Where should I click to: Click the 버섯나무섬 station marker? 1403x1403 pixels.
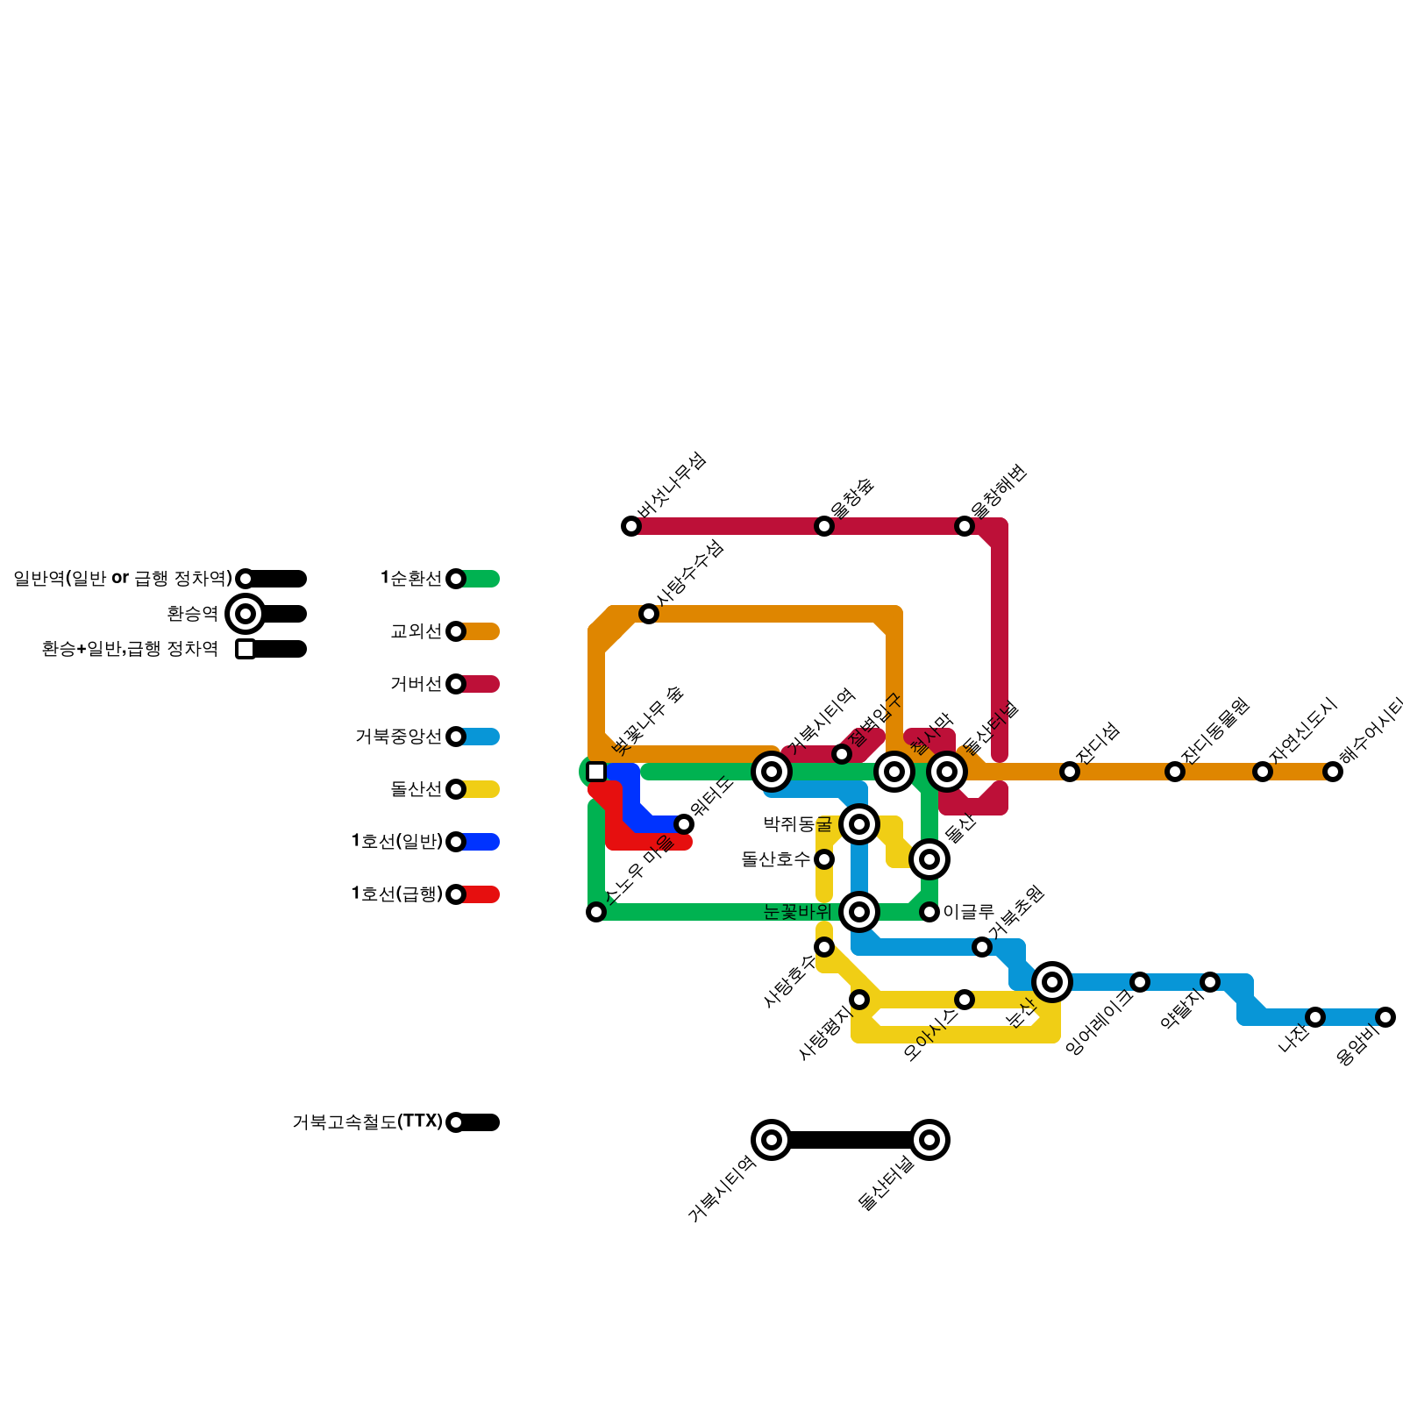[x=631, y=526]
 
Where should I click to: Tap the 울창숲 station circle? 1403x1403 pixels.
[x=824, y=526]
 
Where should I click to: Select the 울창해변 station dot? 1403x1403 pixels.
[x=965, y=526]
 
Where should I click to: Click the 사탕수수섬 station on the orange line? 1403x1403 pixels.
[x=649, y=614]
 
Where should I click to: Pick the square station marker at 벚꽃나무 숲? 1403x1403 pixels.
[x=596, y=772]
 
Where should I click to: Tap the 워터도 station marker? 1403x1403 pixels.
[x=684, y=824]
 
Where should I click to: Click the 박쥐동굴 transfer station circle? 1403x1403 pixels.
[x=859, y=824]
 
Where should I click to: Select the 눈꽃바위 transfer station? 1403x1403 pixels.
[x=859, y=912]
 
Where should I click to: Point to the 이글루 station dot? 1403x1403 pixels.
[x=929, y=912]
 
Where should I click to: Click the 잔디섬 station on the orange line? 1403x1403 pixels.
[x=1070, y=772]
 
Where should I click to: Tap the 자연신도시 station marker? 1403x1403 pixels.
[x=1263, y=772]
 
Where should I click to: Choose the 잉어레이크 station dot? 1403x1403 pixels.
[x=1140, y=982]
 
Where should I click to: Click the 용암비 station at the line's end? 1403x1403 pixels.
[x=1385, y=1017]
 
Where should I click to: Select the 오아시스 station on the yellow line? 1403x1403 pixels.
[x=965, y=1000]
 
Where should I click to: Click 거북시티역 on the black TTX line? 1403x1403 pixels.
[x=772, y=1140]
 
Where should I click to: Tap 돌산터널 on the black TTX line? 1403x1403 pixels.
[x=929, y=1140]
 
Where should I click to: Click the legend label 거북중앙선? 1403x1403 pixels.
[x=398, y=737]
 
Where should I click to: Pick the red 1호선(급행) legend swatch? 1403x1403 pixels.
[x=481, y=894]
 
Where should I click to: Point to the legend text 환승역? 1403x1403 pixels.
[x=192, y=614]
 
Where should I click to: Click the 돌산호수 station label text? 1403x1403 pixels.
[x=776, y=859]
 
